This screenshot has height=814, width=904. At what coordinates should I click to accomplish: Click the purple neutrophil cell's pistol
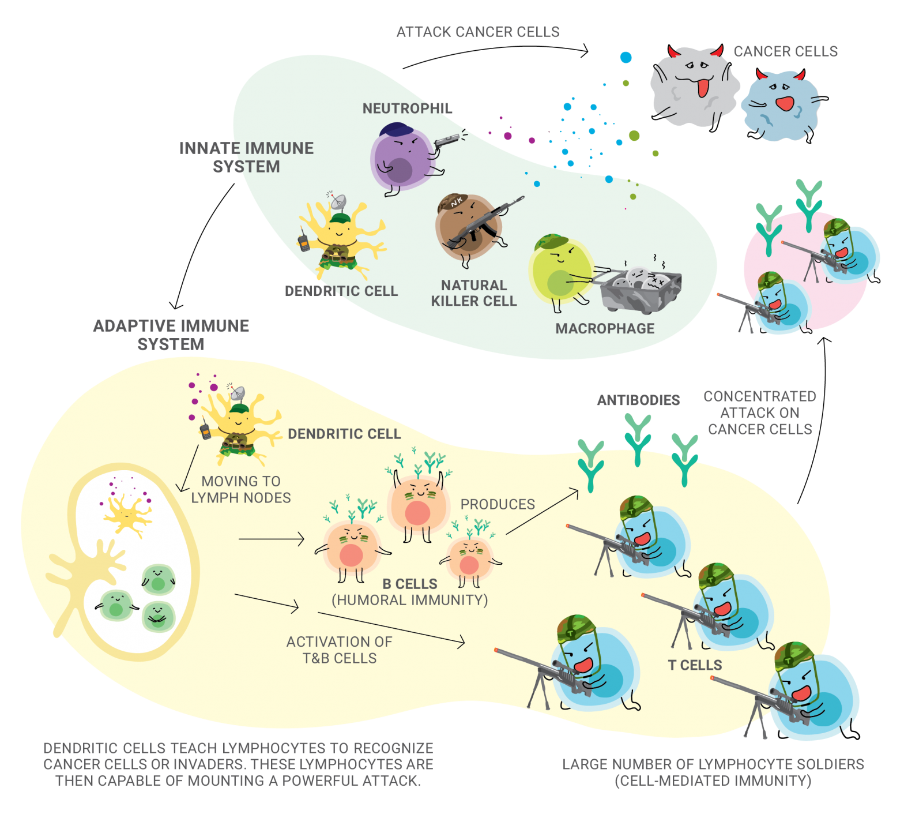446,140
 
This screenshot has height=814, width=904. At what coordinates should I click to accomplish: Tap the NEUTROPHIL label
407,108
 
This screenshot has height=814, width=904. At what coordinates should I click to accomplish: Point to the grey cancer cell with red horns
694,87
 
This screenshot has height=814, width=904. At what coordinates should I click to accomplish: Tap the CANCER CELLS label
785,51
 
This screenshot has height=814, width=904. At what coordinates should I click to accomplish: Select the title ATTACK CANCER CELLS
477,32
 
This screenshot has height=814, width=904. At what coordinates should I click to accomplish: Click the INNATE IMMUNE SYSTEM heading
246,157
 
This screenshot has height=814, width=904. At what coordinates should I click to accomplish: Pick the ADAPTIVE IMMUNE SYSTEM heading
171,335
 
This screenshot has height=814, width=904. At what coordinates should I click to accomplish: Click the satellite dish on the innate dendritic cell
337,202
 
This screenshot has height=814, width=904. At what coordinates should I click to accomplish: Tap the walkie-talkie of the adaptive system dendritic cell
205,431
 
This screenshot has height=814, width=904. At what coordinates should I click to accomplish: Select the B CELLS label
410,584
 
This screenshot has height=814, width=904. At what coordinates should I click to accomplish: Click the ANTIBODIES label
638,400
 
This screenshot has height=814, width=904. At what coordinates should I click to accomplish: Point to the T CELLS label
695,665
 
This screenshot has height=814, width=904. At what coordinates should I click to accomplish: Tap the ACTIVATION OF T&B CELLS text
339,650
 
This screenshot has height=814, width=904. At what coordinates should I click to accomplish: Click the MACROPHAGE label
605,329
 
